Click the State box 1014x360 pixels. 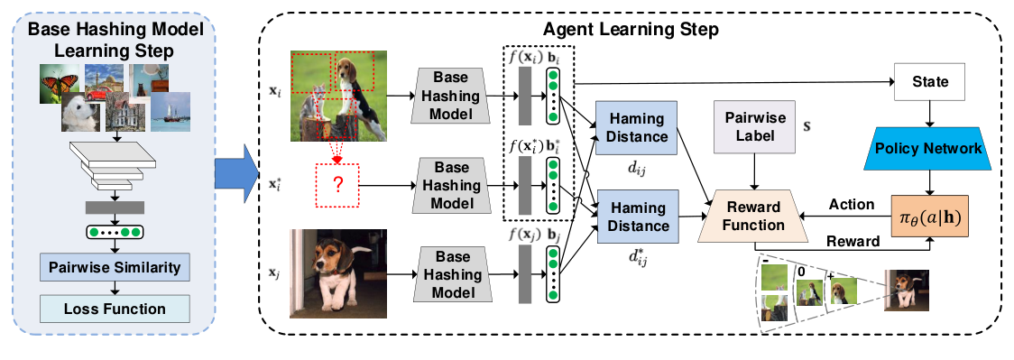(931, 82)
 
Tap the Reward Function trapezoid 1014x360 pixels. (755, 216)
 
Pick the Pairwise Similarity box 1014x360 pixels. (114, 267)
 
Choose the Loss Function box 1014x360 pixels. (114, 309)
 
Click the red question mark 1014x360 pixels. (336, 185)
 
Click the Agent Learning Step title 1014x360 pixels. (631, 30)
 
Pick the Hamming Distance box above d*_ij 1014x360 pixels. (636, 217)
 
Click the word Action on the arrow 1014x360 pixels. (853, 204)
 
